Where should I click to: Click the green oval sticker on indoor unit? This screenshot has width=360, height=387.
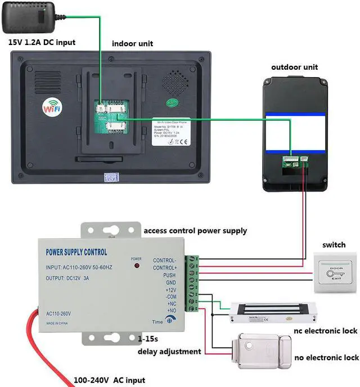coord(172,103)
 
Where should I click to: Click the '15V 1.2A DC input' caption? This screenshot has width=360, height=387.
coord(41,42)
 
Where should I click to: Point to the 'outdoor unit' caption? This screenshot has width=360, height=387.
coord(294,67)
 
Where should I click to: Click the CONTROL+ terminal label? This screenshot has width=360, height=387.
coord(164,268)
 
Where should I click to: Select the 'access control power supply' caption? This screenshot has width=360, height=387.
coord(195,231)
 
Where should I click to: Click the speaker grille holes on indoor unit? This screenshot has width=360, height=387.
coord(174,82)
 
